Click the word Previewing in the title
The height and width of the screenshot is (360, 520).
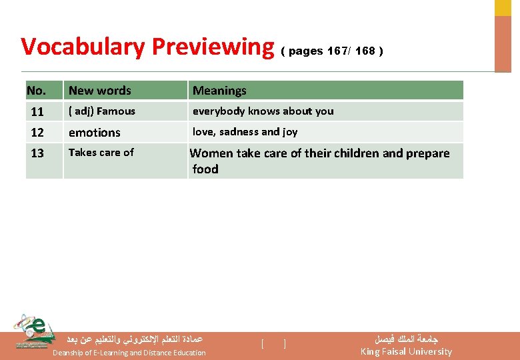tap(213, 47)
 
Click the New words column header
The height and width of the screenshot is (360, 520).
tap(100, 91)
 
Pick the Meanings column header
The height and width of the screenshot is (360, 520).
tap(219, 91)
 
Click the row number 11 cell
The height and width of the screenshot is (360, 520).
tap(37, 111)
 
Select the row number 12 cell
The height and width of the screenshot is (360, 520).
tap(37, 133)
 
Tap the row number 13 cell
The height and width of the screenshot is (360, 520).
tap(37, 153)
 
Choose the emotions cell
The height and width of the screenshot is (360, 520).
tap(95, 133)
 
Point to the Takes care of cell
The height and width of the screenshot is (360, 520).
tap(101, 153)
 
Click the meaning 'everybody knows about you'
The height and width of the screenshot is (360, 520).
tap(263, 111)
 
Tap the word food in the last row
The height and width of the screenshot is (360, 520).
tap(205, 169)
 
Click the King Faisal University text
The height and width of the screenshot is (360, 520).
tap(406, 351)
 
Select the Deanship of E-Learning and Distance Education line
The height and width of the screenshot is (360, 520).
tap(129, 353)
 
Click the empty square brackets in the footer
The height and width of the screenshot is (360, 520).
tap(273, 344)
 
